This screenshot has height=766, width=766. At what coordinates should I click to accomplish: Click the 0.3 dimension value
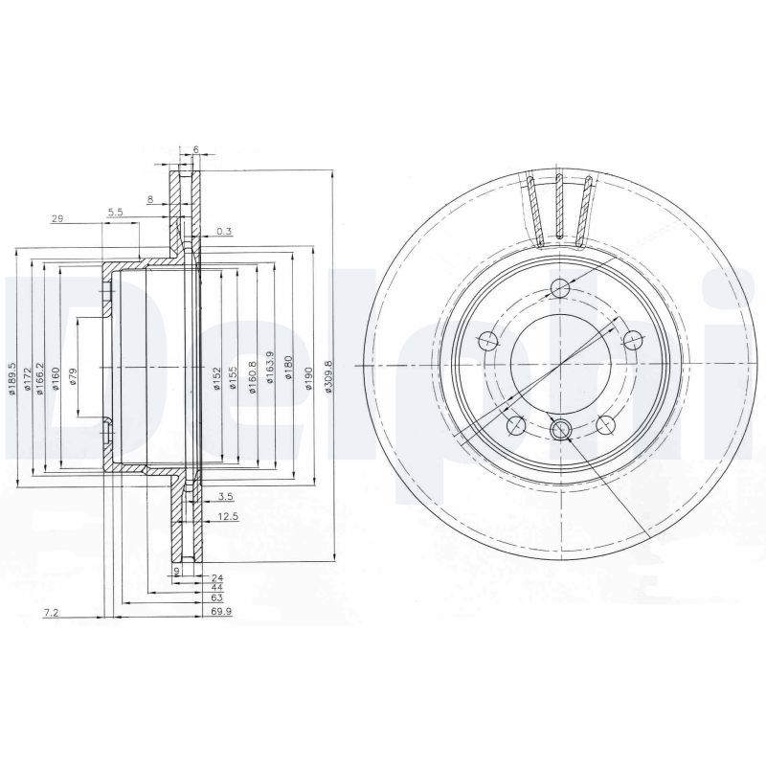pyautogui.click(x=224, y=231)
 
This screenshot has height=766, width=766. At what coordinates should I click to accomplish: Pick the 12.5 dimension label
pyautogui.click(x=228, y=516)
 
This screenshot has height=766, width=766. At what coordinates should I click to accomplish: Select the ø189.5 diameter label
pyautogui.click(x=12, y=374)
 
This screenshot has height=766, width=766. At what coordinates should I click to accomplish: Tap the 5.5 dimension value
pyautogui.click(x=115, y=211)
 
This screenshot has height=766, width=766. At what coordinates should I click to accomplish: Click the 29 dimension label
pyautogui.click(x=56, y=219)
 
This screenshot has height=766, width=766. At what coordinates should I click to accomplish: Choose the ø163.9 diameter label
pyautogui.click(x=271, y=367)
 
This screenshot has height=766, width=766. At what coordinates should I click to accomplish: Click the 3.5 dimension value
pyautogui.click(x=226, y=496)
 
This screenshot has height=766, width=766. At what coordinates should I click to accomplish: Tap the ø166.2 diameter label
pyautogui.click(x=39, y=374)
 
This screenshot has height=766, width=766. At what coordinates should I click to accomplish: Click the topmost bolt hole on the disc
pyautogui.click(x=560, y=291)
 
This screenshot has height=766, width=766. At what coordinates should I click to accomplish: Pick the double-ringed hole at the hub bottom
pyautogui.click(x=561, y=430)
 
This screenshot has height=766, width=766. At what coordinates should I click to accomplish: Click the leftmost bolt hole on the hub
pyautogui.click(x=487, y=338)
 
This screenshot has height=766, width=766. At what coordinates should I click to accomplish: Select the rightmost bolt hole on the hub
pyautogui.click(x=634, y=338)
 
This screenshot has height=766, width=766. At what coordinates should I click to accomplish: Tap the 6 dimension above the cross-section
pyautogui.click(x=195, y=149)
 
